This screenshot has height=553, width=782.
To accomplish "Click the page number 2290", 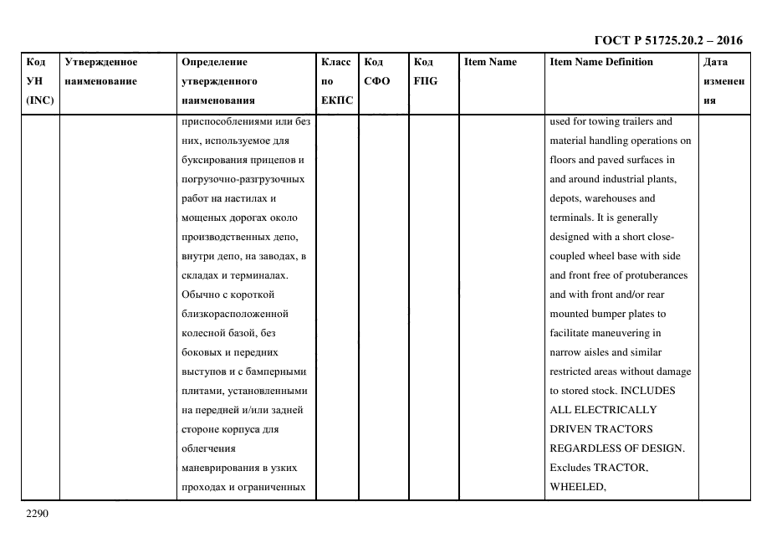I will pos(38,514).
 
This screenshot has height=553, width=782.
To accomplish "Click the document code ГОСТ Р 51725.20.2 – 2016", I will pos(667,40).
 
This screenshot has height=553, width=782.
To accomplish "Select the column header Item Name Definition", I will pos(601,62).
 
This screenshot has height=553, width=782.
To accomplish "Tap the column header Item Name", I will pos(490,62).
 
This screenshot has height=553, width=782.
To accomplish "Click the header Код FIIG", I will pos(425,71).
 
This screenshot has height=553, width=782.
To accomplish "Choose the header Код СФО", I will pos(377,71).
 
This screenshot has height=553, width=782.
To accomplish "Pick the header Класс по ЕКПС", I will pos(336,81).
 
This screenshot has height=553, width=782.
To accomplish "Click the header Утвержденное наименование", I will pos(101,71).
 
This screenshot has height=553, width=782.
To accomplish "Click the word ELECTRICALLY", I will pos(611,410).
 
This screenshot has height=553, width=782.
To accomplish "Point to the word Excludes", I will pos(573,468).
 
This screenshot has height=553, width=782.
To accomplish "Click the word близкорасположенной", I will pos(235,314).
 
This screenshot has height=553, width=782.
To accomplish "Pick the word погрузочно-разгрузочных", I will pos(243,179).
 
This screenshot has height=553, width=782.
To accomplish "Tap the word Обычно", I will pos(202,294).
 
